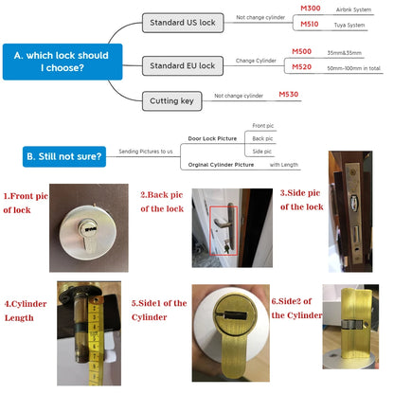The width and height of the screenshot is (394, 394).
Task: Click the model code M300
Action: (x=311, y=9)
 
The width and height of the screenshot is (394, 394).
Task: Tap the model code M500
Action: (x=302, y=51)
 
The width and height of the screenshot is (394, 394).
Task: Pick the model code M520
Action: (x=302, y=67)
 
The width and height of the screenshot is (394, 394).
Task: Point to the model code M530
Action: (x=289, y=95)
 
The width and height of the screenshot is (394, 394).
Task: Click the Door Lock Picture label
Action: (x=214, y=137)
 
